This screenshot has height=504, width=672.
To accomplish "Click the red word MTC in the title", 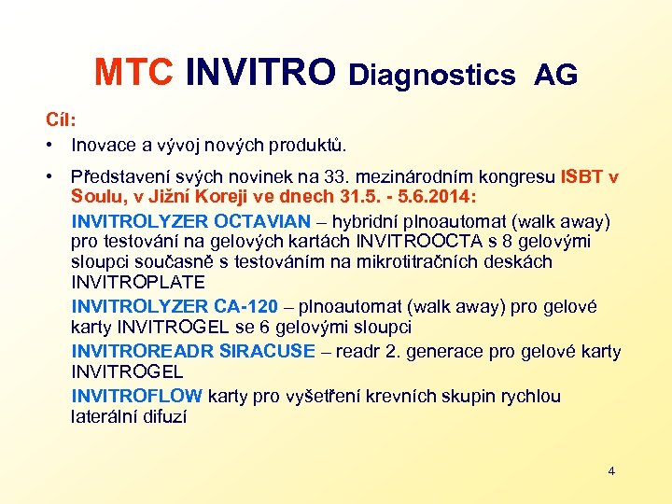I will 133,73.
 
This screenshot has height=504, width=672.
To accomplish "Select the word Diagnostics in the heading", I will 431,75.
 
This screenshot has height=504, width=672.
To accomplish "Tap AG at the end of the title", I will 555,75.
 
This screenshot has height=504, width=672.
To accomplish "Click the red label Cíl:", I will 62,120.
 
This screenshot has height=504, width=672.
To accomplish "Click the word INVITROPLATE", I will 137,282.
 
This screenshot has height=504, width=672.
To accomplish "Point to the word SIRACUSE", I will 267,351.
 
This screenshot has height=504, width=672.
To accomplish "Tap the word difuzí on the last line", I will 164,416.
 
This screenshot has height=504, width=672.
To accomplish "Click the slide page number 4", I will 611,470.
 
